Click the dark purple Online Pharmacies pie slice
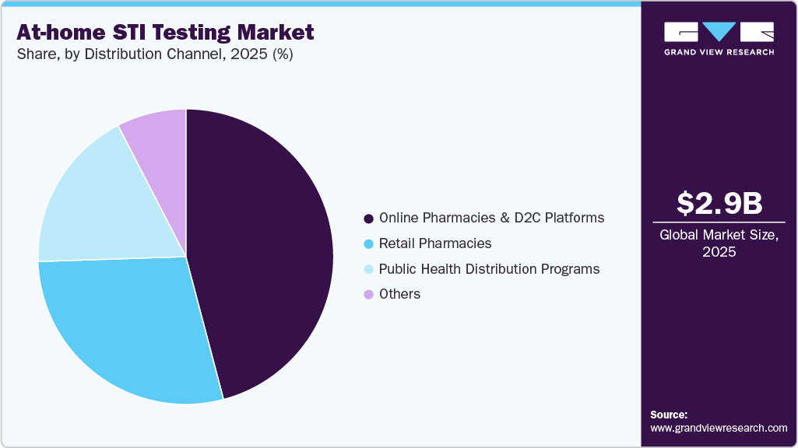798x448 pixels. coord(265,249)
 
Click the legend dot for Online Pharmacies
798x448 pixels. coord(368,219)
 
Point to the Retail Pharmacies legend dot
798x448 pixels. coord(368,244)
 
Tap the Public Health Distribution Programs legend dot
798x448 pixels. coord(368,270)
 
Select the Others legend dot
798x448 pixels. coord(368,295)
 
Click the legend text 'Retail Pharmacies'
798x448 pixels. coord(435,243)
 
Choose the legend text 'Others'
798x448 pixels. coord(399,294)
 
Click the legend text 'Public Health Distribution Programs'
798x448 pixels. coord(489,269)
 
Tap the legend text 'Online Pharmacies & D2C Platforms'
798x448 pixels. coord(491,218)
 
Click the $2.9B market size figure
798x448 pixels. coord(719,203)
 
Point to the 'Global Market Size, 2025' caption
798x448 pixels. coord(719,243)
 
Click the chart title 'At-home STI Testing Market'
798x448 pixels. coord(166,33)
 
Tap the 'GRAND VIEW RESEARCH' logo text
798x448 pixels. coord(719,52)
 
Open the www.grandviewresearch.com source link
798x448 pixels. coord(719,428)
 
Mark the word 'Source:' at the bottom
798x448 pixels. coord(669,415)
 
